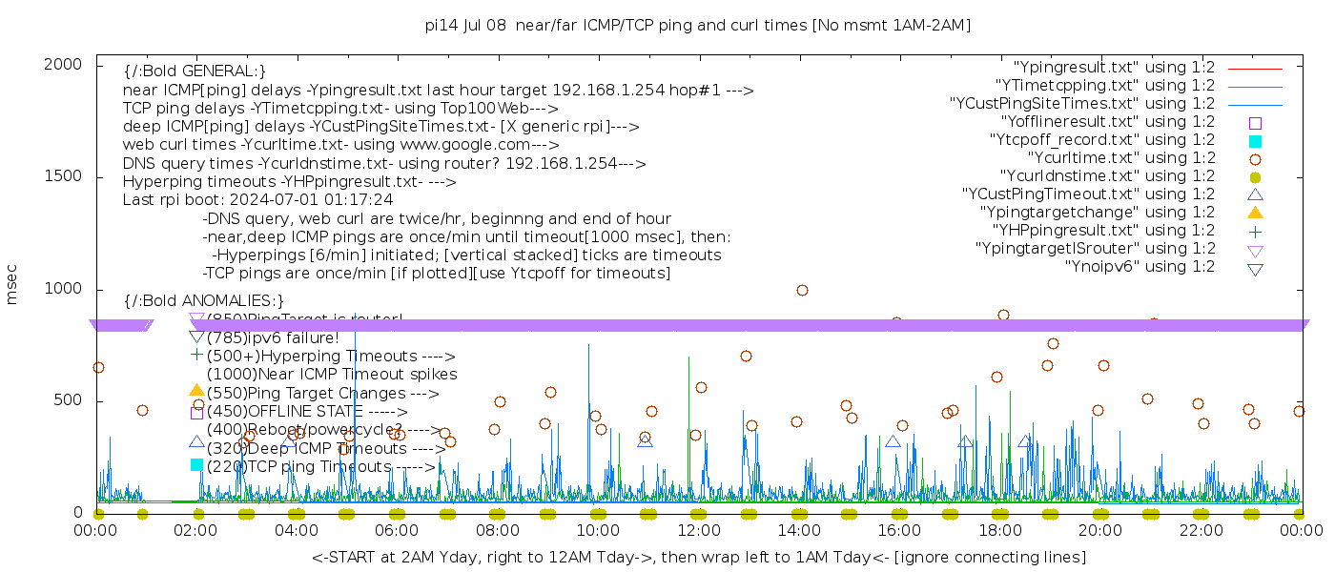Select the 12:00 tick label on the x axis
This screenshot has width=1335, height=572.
pos(698,531)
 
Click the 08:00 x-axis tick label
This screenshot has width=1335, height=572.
pos(497,531)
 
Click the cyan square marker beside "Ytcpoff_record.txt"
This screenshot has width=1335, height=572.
pos(1255,141)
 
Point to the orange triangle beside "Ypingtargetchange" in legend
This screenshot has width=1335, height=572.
pos(1255,213)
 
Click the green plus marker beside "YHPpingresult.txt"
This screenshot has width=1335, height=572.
pos(1255,231)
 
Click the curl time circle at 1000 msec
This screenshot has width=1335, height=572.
pos(802,290)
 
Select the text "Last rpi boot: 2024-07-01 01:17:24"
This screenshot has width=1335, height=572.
pos(257,200)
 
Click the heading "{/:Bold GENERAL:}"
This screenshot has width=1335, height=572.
pos(195,71)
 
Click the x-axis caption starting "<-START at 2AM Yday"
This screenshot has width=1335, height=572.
pos(698,557)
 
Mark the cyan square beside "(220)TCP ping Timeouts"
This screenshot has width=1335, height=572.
pos(196,465)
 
